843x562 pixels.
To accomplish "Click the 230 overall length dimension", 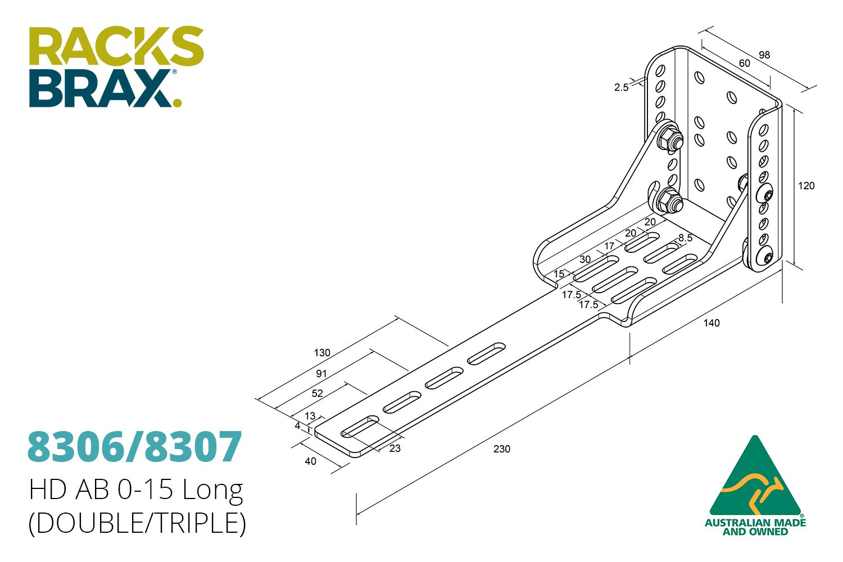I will pyautogui.click(x=501, y=448).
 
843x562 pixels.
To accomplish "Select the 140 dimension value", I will pyautogui.click(x=711, y=323).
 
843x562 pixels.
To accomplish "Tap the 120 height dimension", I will pyautogui.click(x=806, y=186).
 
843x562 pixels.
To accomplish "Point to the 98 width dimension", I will pyautogui.click(x=764, y=55).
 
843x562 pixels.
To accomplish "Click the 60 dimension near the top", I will pyautogui.click(x=744, y=64).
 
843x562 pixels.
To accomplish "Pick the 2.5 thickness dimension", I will pyautogui.click(x=621, y=88).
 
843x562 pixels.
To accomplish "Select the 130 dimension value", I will pyautogui.click(x=322, y=353).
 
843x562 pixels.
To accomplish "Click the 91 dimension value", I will pyautogui.click(x=321, y=374).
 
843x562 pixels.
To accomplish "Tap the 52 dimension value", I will pyautogui.click(x=318, y=393).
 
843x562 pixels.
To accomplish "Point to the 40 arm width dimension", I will pyautogui.click(x=310, y=461).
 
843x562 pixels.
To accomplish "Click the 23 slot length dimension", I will pyautogui.click(x=395, y=448).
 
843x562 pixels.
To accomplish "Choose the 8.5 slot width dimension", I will pyautogui.click(x=685, y=238).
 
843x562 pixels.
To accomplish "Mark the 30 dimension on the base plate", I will pyautogui.click(x=585, y=260).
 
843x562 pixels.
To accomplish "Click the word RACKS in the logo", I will pyautogui.click(x=116, y=46).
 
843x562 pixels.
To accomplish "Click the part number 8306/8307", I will pyautogui.click(x=135, y=447).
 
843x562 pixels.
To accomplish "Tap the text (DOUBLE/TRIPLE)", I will pyautogui.click(x=137, y=523).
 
